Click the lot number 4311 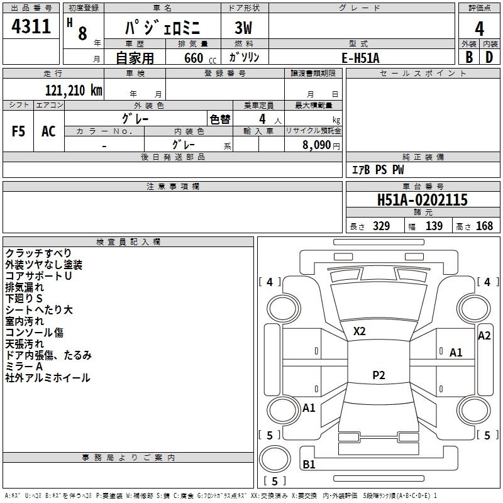point(31,27)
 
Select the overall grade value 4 point(480,28)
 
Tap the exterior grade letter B point(469,57)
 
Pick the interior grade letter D point(489,57)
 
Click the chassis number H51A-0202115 point(423,200)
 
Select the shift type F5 point(19,131)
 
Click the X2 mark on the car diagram point(360,331)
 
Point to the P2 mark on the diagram point(379,375)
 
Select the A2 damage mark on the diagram point(484,336)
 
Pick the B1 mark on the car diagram point(309,465)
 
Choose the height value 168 point(485,226)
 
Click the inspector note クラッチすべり point(38,253)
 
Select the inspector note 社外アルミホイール point(48,378)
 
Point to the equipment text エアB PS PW point(377,170)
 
